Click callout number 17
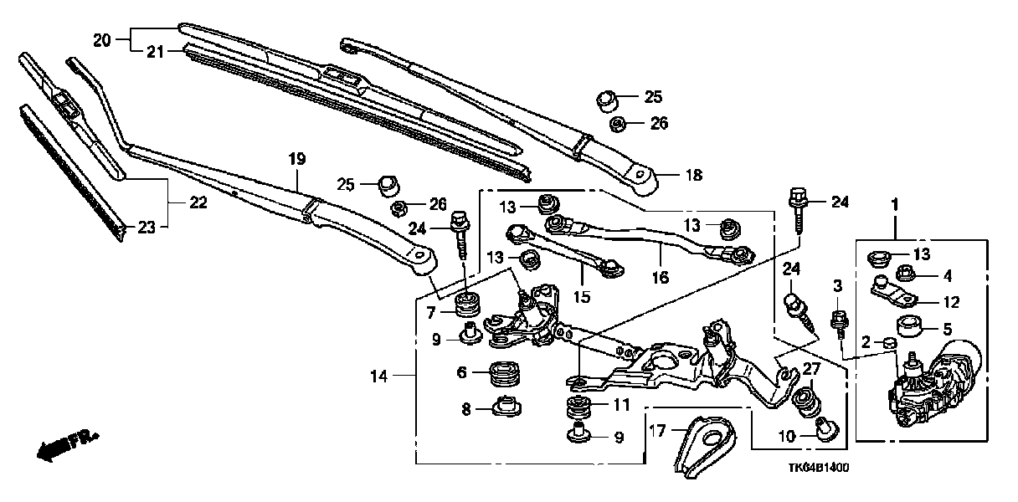(x=657, y=432)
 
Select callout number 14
(x=379, y=377)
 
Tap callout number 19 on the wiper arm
(x=297, y=158)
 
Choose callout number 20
(x=101, y=38)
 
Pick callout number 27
(x=811, y=369)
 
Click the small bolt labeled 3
(x=836, y=320)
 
